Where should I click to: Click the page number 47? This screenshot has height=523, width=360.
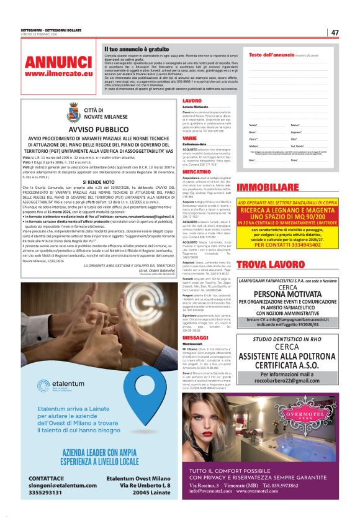coord(335,32)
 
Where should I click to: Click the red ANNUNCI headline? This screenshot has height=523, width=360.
coord(59,63)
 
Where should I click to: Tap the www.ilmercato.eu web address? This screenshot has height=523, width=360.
coord(59,74)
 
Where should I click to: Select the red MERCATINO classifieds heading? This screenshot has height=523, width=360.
coord(197,171)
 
